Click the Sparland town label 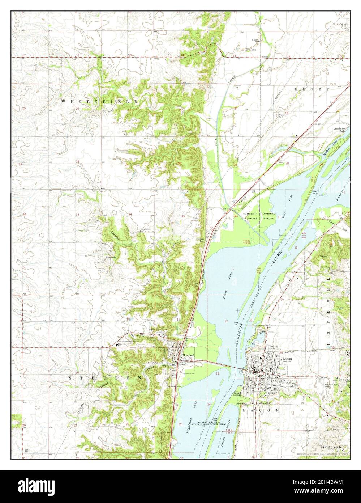(x=189, y=355)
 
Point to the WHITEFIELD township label (x=99, y=102)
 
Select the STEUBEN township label (x=106, y=377)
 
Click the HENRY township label (x=312, y=89)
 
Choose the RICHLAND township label (x=330, y=447)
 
